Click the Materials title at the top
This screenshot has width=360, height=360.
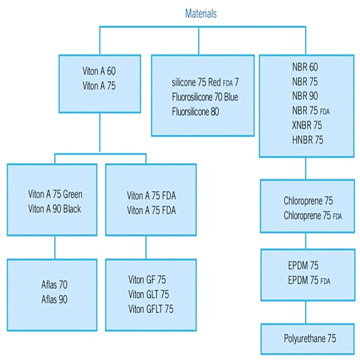pos(201,13)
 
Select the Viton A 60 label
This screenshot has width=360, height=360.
pos(99,71)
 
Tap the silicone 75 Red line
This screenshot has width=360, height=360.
pos(205,82)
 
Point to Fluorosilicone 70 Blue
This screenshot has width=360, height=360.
pos(205,97)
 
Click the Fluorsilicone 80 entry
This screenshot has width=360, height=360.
pos(195,112)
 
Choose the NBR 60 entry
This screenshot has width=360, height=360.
pos(305,67)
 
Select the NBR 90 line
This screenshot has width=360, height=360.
pos(305,96)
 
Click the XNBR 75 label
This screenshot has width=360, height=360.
pos(307,125)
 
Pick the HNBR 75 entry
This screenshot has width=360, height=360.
pos(307,140)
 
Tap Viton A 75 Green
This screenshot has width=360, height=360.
pos(55,194)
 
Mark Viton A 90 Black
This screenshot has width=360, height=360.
pos(55,209)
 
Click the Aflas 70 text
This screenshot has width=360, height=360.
pos(54,285)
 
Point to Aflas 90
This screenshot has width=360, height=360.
pos(54,299)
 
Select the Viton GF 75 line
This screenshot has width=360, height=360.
pos(147,280)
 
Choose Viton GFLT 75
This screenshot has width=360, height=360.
pos(151,309)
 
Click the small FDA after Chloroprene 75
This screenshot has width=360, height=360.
pos(337,217)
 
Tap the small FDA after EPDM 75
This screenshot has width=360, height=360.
pos(325,281)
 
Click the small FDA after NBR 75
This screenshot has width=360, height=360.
pos(325,112)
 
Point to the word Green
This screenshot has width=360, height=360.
pos(73,194)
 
